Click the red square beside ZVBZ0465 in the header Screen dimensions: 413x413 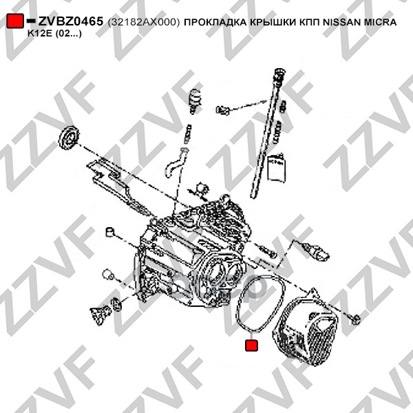[x=15, y=21]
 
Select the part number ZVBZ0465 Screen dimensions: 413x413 [x=71, y=21]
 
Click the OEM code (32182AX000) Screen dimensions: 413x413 [x=144, y=22]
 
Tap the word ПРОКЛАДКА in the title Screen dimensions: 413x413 [x=215, y=22]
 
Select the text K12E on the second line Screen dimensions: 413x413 [x=41, y=34]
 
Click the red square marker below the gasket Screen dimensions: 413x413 [x=251, y=346]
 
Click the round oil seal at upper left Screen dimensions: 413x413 [x=69, y=137]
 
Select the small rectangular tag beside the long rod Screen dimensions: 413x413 [x=276, y=168]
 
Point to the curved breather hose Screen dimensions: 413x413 [x=175, y=162]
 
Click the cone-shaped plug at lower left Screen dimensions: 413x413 [x=99, y=315]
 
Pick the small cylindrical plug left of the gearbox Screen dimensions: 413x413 [x=109, y=232]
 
